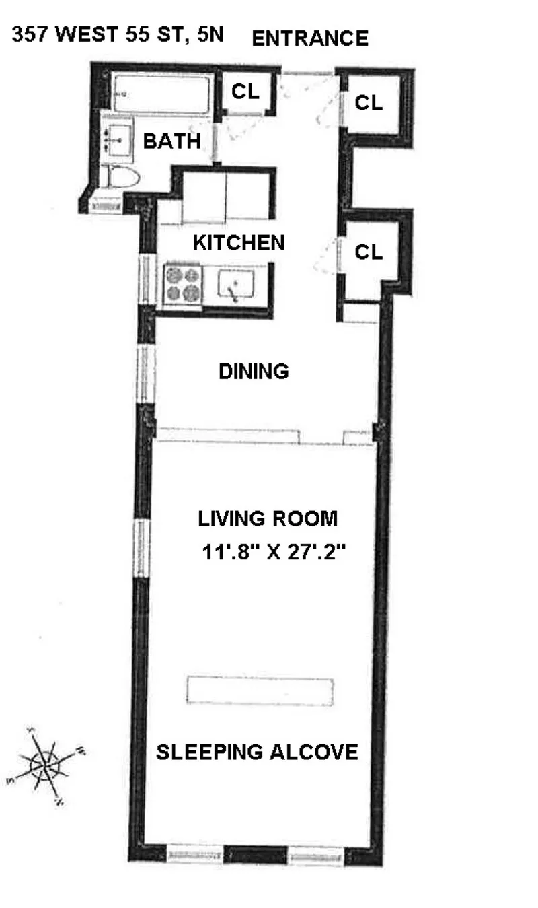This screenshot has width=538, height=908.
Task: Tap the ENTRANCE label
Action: pyautogui.click(x=310, y=38)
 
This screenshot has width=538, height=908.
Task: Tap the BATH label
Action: pyautogui.click(x=172, y=141)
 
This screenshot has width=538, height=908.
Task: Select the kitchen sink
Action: pyautogui.click(x=235, y=285)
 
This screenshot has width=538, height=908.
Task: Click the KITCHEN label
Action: pyautogui.click(x=239, y=242)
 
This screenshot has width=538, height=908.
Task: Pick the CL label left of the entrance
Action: pyautogui.click(x=245, y=92)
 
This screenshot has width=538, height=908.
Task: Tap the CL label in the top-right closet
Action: pyautogui.click(x=369, y=103)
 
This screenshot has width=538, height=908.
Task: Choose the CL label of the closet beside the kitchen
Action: pyautogui.click(x=369, y=252)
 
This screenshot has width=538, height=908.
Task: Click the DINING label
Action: pyautogui.click(x=254, y=371)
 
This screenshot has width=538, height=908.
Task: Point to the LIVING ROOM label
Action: pyautogui.click(x=267, y=519)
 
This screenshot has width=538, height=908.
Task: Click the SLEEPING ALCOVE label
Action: pyautogui.click(x=257, y=752)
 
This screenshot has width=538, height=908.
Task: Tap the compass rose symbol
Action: pyautogui.click(x=46, y=765)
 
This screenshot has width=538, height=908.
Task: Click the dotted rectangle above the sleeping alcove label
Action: pyautogui.click(x=260, y=691)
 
